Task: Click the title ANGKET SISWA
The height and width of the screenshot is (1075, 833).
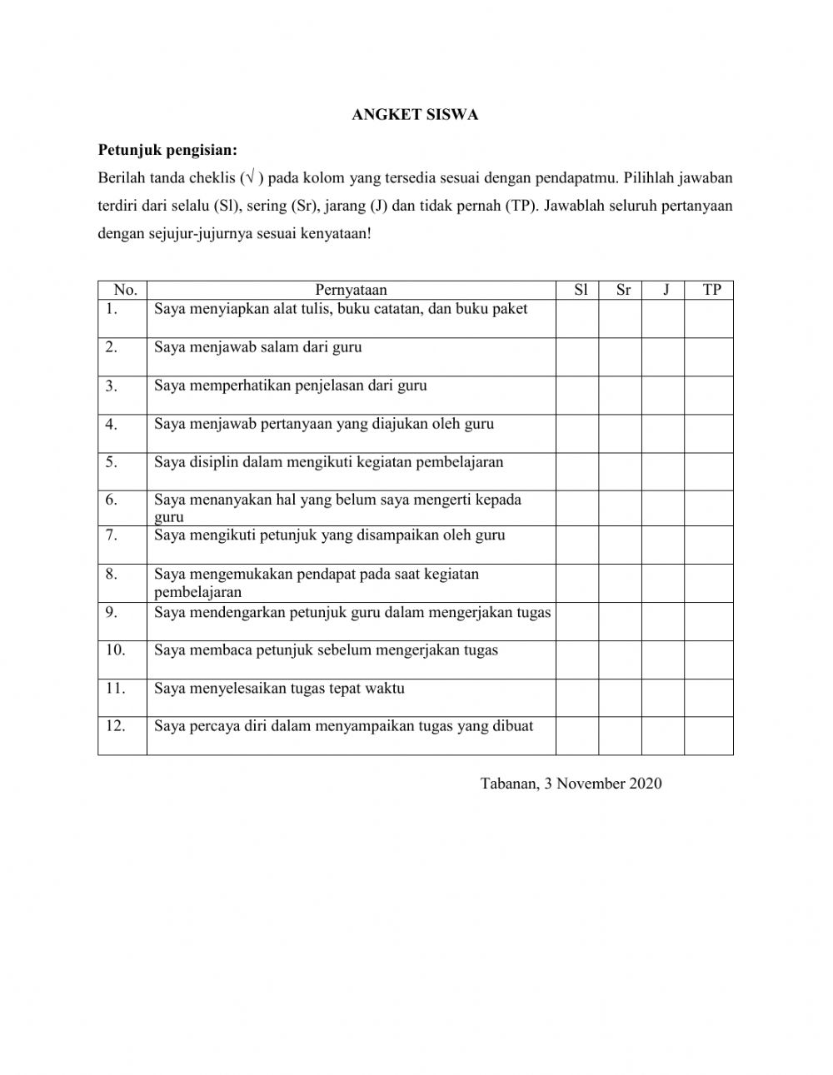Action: [x=415, y=115]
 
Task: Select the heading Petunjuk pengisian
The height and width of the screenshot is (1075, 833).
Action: [x=167, y=151]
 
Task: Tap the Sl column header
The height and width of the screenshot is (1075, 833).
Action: [x=581, y=290]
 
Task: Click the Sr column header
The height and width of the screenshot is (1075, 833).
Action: [x=623, y=290]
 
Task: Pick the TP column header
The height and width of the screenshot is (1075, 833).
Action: [x=711, y=290]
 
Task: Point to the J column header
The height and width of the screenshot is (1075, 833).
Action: [x=666, y=290]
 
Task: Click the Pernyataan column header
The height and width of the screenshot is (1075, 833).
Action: [x=351, y=290]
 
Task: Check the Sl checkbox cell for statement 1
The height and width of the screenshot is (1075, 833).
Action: [x=577, y=318]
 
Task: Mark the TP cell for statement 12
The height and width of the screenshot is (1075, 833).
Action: [x=709, y=736]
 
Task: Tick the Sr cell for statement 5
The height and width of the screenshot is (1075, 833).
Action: [x=621, y=471]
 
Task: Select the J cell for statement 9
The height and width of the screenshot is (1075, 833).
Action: [x=663, y=621]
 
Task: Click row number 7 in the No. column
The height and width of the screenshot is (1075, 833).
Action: [x=112, y=535]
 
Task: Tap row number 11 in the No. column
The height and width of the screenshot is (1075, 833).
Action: [x=115, y=689]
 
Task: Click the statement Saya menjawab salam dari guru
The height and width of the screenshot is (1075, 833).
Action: [x=258, y=347]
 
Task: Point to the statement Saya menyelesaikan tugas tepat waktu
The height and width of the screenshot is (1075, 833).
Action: [x=279, y=689]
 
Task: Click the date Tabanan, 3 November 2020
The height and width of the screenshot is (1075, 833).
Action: [x=571, y=783]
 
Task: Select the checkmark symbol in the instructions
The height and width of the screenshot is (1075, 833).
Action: [x=252, y=177]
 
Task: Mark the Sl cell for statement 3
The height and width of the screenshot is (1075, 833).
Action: [x=577, y=395]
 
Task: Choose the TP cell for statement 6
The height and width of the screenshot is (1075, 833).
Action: [x=709, y=508]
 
